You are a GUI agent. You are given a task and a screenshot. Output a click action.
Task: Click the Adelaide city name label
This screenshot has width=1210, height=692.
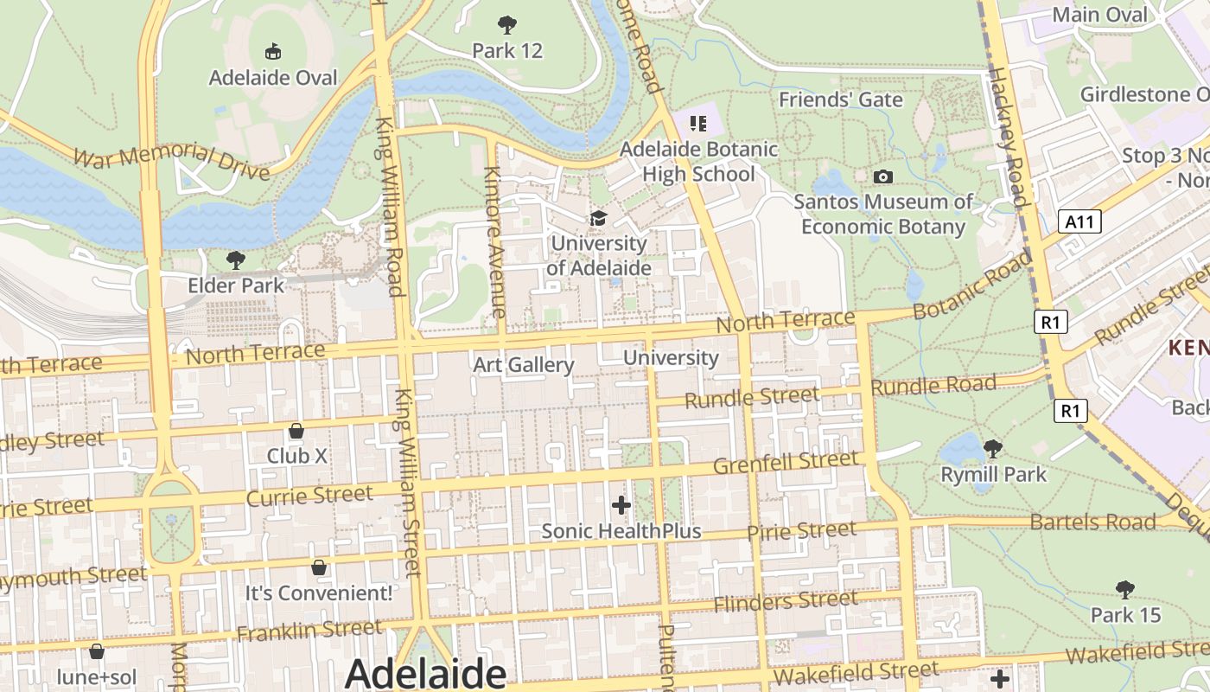click(x=425, y=674)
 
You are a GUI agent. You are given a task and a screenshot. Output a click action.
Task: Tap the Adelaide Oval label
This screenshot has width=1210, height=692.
click(x=273, y=78)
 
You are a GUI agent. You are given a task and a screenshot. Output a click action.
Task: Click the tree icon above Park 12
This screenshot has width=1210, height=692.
click(x=507, y=25)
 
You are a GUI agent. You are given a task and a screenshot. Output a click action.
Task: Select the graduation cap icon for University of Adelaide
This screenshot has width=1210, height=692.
click(x=598, y=218)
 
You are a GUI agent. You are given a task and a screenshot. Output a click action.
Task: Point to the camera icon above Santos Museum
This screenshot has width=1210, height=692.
click(x=882, y=177)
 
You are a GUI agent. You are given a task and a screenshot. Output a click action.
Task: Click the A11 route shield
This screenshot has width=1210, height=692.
click(x=1079, y=222)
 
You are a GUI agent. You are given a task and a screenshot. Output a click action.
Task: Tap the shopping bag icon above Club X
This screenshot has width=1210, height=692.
click(x=296, y=430)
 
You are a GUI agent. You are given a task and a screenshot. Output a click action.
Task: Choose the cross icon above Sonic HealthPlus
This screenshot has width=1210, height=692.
click(x=621, y=504)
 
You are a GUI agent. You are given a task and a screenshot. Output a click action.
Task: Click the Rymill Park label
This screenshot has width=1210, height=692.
click(x=993, y=474)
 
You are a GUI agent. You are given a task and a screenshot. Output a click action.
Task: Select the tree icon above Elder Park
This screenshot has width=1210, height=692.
click(x=235, y=259)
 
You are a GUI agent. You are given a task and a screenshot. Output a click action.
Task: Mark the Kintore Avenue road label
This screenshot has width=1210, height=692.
click(x=494, y=241)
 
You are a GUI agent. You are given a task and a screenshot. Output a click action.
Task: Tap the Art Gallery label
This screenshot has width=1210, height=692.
click(x=523, y=365)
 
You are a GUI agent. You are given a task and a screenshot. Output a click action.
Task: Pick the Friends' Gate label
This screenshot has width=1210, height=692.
click(x=840, y=99)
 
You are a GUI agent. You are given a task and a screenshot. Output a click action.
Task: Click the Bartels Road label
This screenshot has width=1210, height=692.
click(x=1092, y=522)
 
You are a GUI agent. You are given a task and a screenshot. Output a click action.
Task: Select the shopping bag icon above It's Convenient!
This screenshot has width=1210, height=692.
click(x=319, y=567)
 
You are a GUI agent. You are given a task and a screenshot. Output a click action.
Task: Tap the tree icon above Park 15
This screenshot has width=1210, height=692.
click(x=1124, y=590)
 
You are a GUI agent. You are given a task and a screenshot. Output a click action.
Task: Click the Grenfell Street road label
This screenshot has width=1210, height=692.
click(x=786, y=462)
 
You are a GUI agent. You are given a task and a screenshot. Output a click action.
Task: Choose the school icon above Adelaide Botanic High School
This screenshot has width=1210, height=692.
click(x=697, y=124)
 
